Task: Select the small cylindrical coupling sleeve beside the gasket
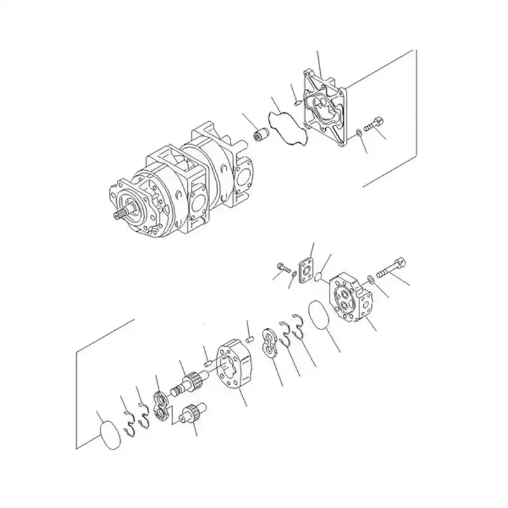[x=259, y=135]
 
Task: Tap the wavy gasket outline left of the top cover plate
[x=288, y=131]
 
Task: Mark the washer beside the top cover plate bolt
[x=359, y=133]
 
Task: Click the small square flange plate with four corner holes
[x=309, y=269]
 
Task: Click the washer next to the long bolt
[x=370, y=278]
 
